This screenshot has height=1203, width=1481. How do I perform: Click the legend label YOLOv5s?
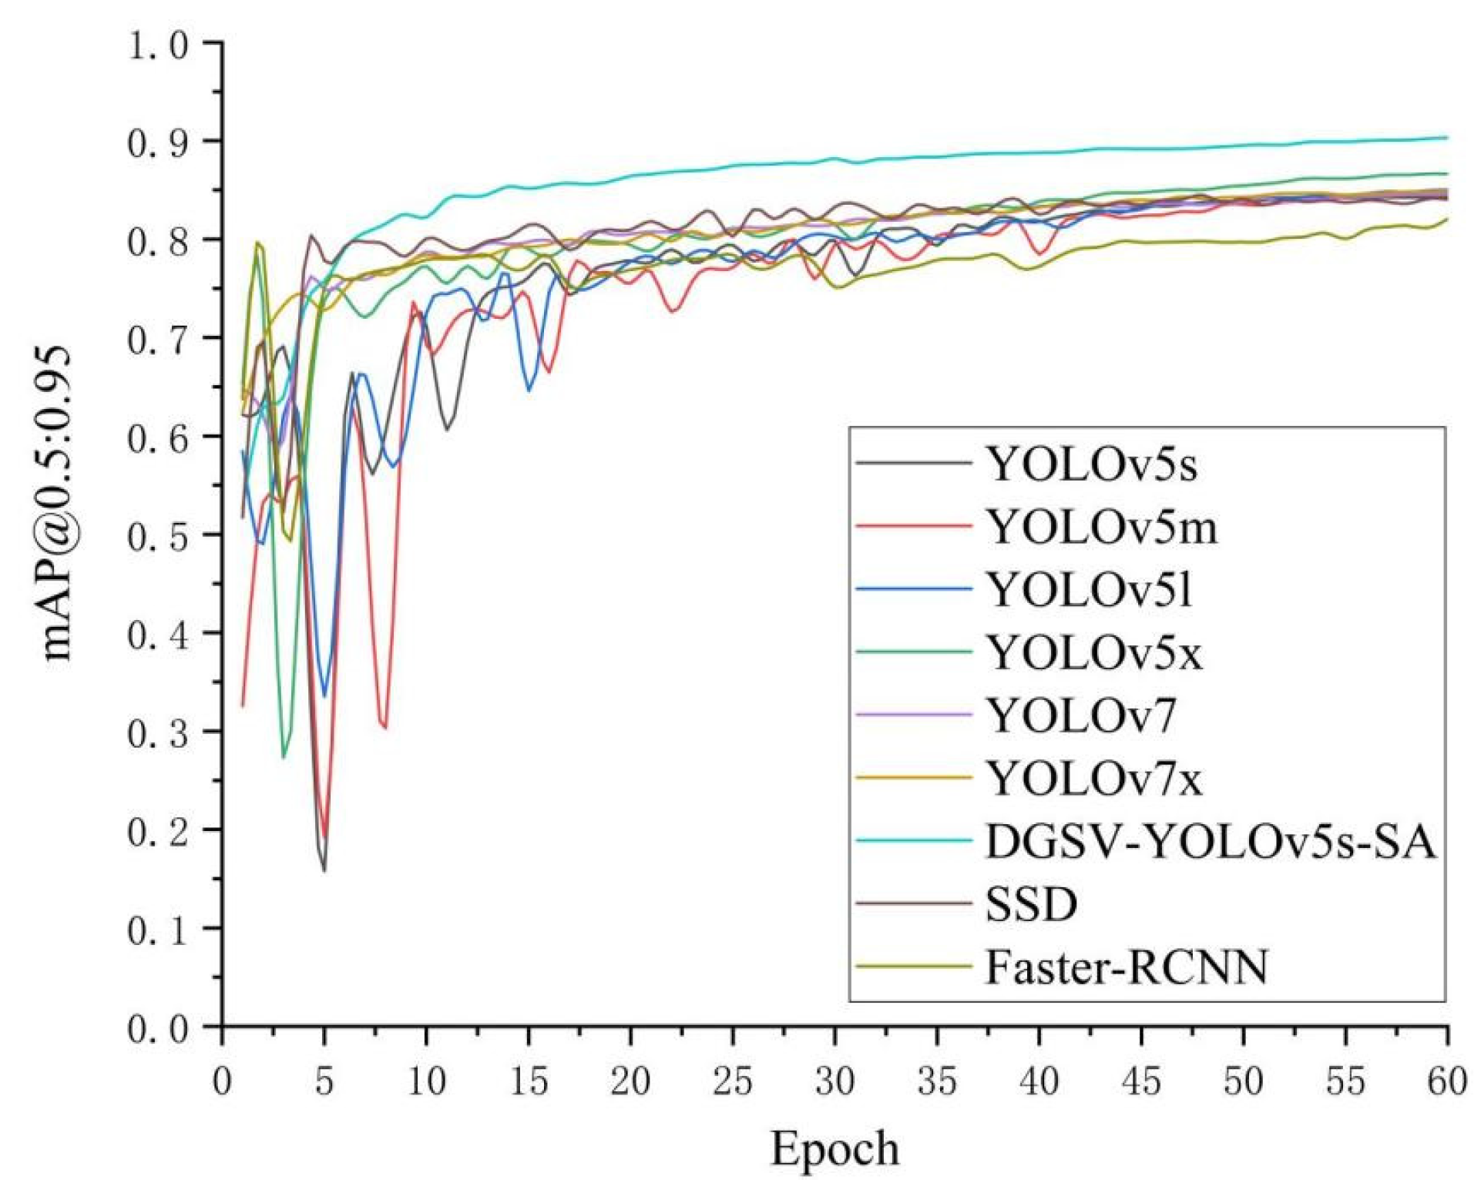(x=1092, y=465)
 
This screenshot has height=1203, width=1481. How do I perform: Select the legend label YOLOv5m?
(x=1102, y=528)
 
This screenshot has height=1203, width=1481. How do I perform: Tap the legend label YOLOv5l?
(x=1090, y=591)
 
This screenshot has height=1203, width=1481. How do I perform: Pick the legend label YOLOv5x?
(x=1094, y=654)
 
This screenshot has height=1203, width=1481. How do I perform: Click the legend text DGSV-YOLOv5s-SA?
(x=1211, y=842)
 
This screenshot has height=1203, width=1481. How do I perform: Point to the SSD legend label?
(x=1031, y=905)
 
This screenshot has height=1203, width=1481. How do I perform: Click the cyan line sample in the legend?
(x=914, y=841)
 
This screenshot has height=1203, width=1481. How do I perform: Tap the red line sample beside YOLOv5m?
(x=914, y=527)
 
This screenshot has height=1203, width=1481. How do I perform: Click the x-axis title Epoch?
(x=835, y=1150)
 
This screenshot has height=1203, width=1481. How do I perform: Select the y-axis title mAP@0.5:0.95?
(x=57, y=504)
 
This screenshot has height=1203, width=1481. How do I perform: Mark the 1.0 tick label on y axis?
(x=158, y=45)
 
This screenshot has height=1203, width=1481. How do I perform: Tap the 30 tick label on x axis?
(x=835, y=1082)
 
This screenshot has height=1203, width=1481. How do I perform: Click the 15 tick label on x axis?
(x=529, y=1082)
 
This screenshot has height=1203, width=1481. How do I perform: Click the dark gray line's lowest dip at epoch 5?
(x=324, y=870)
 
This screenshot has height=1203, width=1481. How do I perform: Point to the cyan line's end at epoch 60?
(x=1446, y=138)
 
